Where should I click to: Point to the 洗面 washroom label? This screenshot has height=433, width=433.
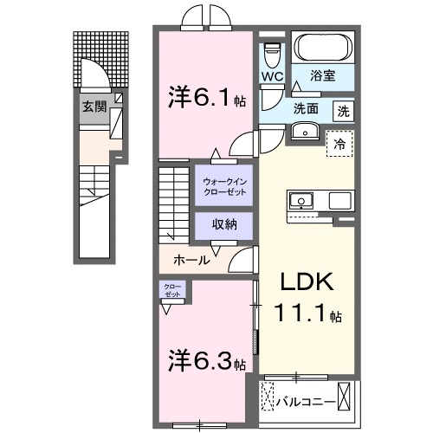pyautogui.click(x=305, y=109)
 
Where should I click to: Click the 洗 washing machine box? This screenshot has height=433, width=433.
pyautogui.click(x=344, y=110)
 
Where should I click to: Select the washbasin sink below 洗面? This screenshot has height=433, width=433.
pyautogui.click(x=305, y=131)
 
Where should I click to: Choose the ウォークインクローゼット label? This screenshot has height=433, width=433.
pyautogui.click(x=223, y=185)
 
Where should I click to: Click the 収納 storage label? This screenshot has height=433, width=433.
pyautogui.click(x=223, y=224)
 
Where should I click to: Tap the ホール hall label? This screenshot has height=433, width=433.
pyautogui.click(x=190, y=258)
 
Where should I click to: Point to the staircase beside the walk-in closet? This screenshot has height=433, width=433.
pyautogui.click(x=175, y=204)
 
